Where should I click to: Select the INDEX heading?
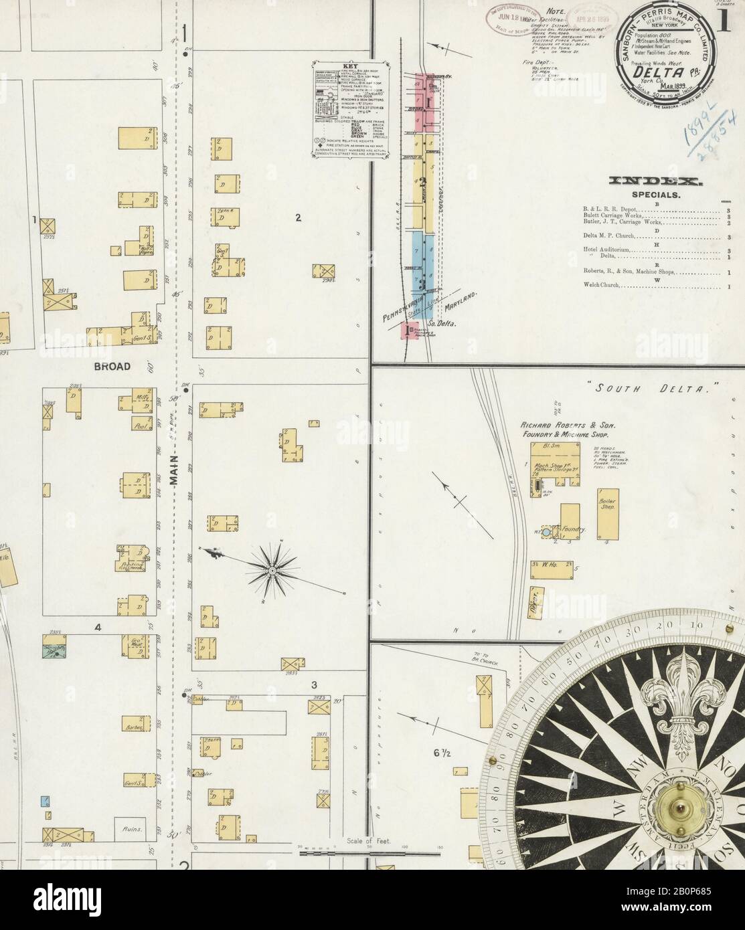click(655, 181)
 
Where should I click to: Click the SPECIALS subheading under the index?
click(656, 195)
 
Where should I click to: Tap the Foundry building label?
click(573, 529)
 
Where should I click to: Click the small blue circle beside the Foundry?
click(546, 531)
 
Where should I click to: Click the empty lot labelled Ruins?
click(131, 828)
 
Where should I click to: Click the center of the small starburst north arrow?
click(272, 570)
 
